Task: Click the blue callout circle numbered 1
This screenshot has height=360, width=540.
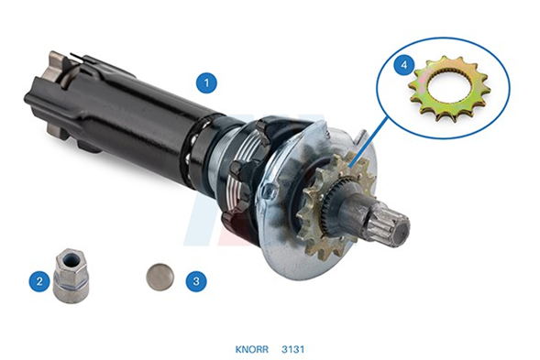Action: click(206, 83)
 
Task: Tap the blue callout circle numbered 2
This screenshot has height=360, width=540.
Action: click(39, 281)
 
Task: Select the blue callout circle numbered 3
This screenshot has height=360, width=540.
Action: click(196, 281)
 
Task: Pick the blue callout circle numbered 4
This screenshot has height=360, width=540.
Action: click(405, 64)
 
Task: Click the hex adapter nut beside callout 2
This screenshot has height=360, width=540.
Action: click(72, 276)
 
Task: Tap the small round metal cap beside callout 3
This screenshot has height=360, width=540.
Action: click(160, 278)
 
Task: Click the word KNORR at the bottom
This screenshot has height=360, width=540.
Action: click(252, 349)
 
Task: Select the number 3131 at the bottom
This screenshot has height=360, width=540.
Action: click(293, 349)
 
